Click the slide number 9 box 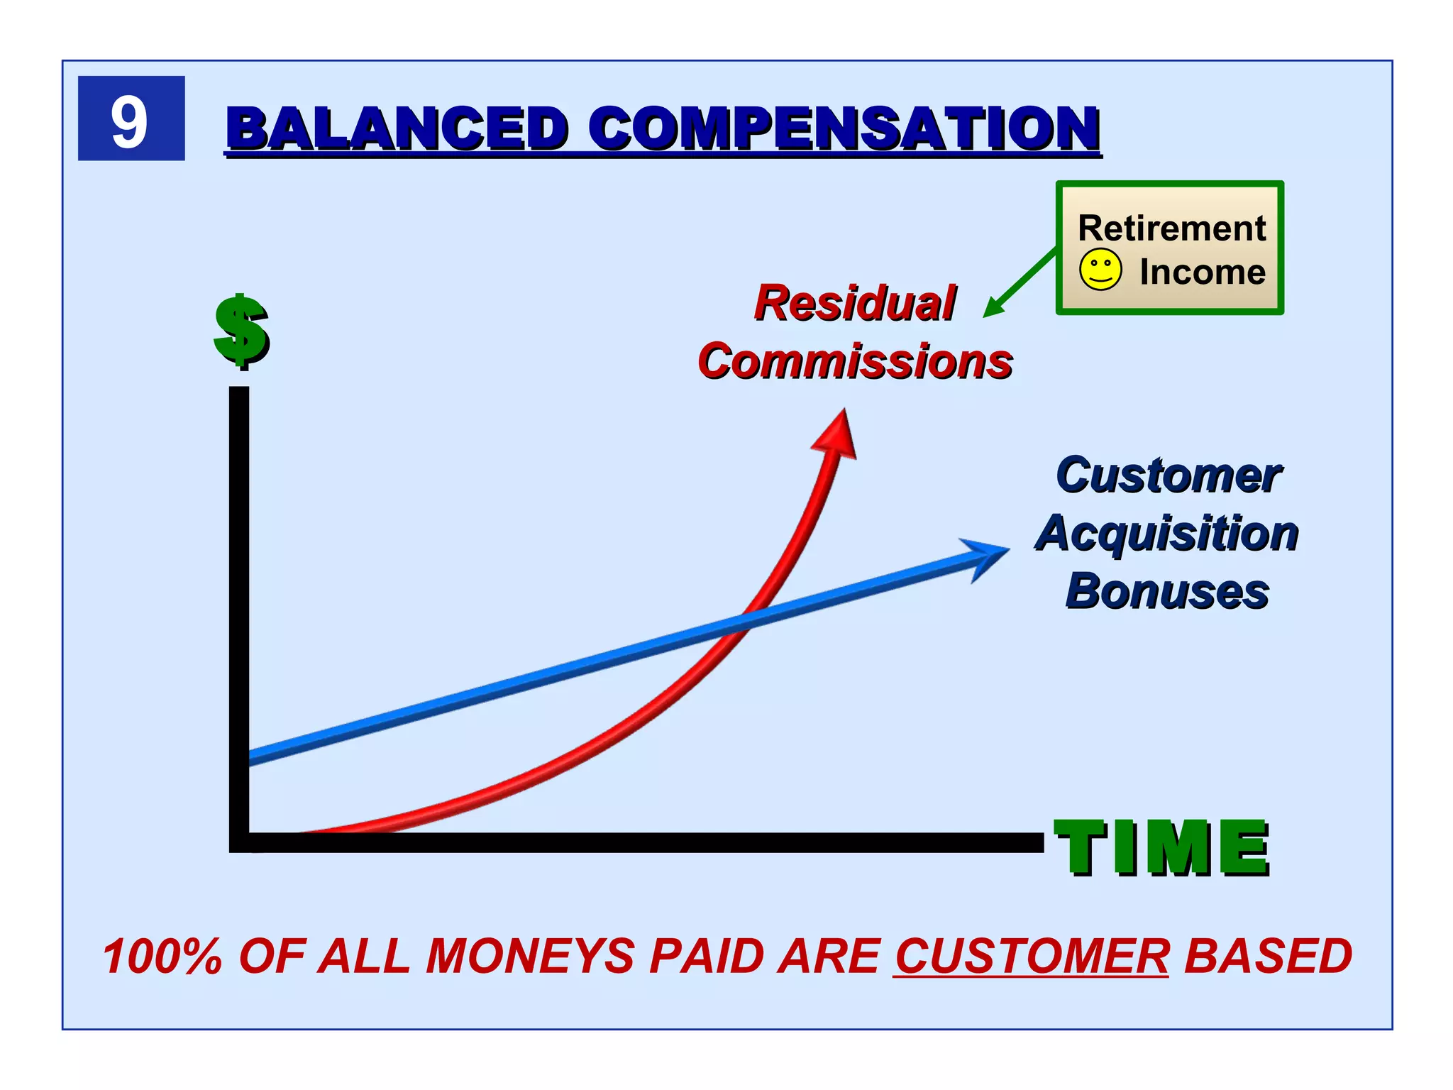[x=131, y=119]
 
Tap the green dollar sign [x=242, y=331]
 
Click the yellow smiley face [x=1100, y=270]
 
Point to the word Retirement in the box [x=1171, y=229]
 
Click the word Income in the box [x=1202, y=272]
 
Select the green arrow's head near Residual [x=993, y=309]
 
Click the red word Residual [x=855, y=303]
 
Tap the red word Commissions [x=855, y=361]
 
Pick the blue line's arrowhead [x=989, y=557]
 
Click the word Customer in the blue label [x=1168, y=475]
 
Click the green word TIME [x=1161, y=847]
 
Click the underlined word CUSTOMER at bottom [x=1031, y=956]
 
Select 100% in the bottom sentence [x=162, y=956]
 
